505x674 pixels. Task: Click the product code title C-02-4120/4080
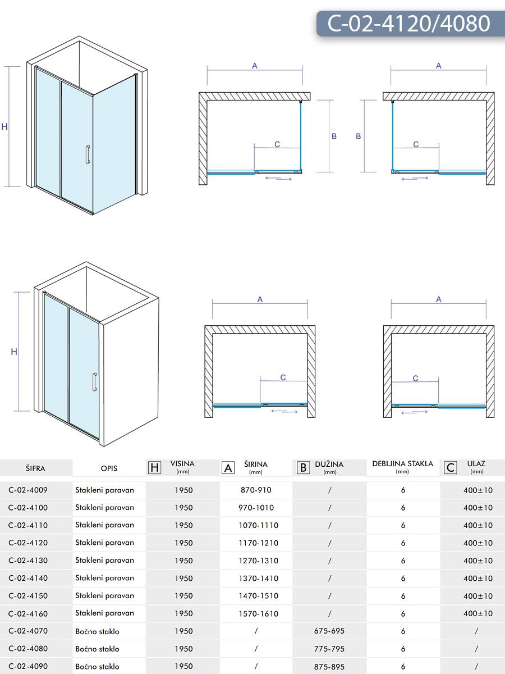coord(408,23)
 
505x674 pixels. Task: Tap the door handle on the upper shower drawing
coord(87,155)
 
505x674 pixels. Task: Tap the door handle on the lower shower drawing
coord(95,382)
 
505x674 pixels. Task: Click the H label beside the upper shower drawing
coord(4,127)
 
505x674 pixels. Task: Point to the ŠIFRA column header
coord(35,468)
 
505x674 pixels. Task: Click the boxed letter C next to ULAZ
coord(450,467)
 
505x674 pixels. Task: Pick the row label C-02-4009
coord(28,490)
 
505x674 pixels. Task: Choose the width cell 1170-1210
coord(259,543)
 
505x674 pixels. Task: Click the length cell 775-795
coord(329,649)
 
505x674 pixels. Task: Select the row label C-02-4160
coord(28,613)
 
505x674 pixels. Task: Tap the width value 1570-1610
coord(259,614)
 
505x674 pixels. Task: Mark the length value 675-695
coord(329,631)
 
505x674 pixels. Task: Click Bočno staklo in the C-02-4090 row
coord(97,667)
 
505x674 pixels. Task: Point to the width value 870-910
coord(256,490)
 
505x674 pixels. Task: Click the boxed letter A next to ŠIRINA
coord(228,467)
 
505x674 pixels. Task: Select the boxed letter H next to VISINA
coord(154,467)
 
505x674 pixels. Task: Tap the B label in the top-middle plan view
coord(334,136)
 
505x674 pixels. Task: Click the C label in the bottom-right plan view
coord(415,379)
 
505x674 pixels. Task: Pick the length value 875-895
coord(329,667)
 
